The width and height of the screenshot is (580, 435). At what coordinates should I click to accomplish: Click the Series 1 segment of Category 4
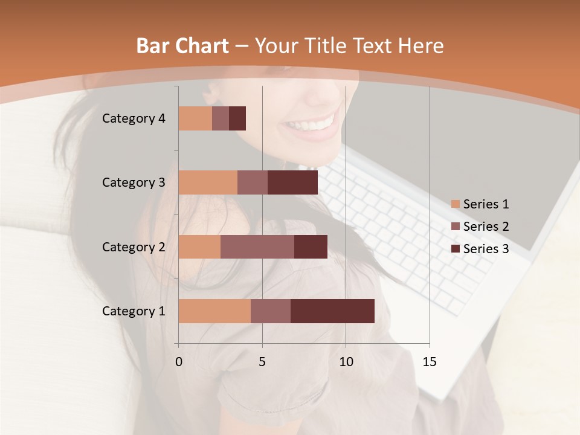195,118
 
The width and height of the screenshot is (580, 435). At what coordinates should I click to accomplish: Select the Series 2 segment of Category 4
221,118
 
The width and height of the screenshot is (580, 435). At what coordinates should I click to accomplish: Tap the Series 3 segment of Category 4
237,118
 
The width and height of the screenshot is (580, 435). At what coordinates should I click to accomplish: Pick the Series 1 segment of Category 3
208,182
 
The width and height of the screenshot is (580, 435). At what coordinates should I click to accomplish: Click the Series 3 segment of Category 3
292,182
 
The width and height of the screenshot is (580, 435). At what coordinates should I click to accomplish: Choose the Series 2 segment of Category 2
257,246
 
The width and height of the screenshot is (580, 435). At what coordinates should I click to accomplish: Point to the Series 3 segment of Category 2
311,246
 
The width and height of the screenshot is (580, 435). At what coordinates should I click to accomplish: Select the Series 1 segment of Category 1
214,311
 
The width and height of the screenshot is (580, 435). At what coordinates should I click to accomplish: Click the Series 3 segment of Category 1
332,311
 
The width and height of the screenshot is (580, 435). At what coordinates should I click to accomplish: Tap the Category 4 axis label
134,118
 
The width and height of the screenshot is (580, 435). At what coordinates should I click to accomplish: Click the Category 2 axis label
134,246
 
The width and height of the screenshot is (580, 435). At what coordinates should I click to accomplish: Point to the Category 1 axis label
134,311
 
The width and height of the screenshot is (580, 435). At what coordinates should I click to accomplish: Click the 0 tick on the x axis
179,362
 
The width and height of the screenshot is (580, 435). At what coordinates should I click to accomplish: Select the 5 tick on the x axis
262,362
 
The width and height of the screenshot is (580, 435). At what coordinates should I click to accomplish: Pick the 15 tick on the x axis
429,362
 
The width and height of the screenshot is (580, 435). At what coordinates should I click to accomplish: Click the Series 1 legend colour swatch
456,204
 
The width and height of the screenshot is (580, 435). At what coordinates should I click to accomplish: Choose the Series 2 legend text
486,227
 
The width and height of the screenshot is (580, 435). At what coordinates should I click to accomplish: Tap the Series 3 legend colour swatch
456,248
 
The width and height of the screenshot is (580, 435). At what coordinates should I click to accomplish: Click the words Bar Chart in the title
182,46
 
